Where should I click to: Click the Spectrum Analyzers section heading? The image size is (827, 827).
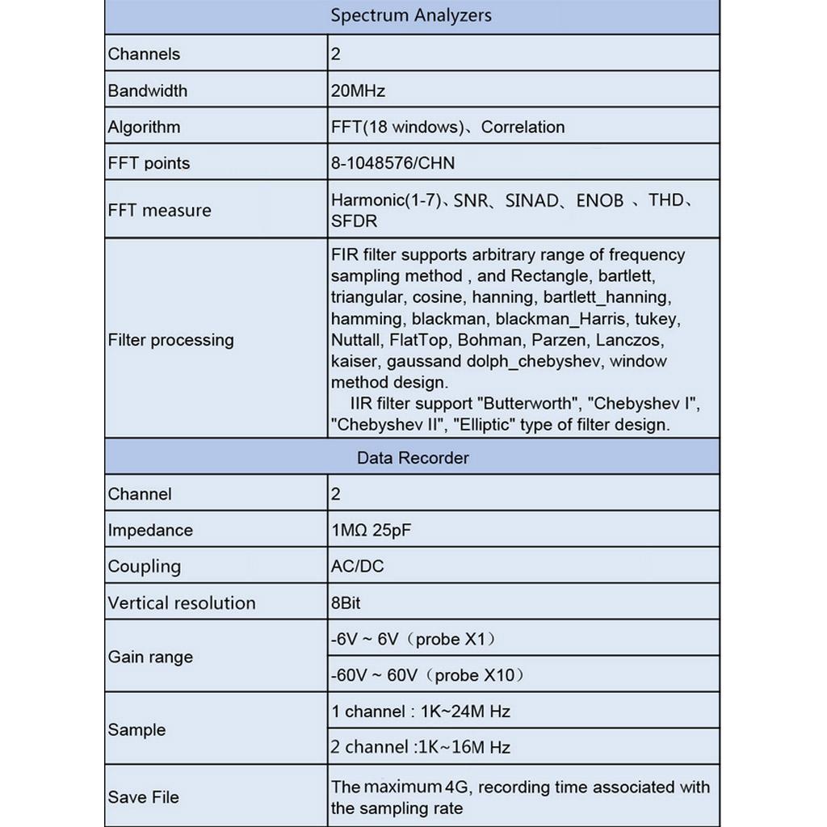click(411, 15)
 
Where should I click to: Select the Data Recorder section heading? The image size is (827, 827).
click(412, 458)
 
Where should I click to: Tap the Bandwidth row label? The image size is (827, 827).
click(147, 90)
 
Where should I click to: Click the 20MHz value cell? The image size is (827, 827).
click(358, 90)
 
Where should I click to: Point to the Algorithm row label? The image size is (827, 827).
click(144, 127)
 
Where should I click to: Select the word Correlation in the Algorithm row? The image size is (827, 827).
click(523, 127)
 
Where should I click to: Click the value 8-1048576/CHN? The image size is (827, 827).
click(393, 163)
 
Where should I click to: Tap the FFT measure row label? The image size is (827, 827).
click(159, 210)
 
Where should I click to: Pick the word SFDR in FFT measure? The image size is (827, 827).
click(354, 221)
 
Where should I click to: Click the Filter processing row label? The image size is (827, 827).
click(170, 340)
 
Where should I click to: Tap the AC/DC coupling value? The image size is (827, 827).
click(357, 566)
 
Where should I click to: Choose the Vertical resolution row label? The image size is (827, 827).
click(181, 602)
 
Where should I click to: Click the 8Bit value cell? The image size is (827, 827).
click(351, 602)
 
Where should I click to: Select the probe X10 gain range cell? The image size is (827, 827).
click(427, 675)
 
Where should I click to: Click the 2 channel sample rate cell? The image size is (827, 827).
click(420, 747)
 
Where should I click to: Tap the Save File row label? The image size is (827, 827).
click(143, 797)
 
